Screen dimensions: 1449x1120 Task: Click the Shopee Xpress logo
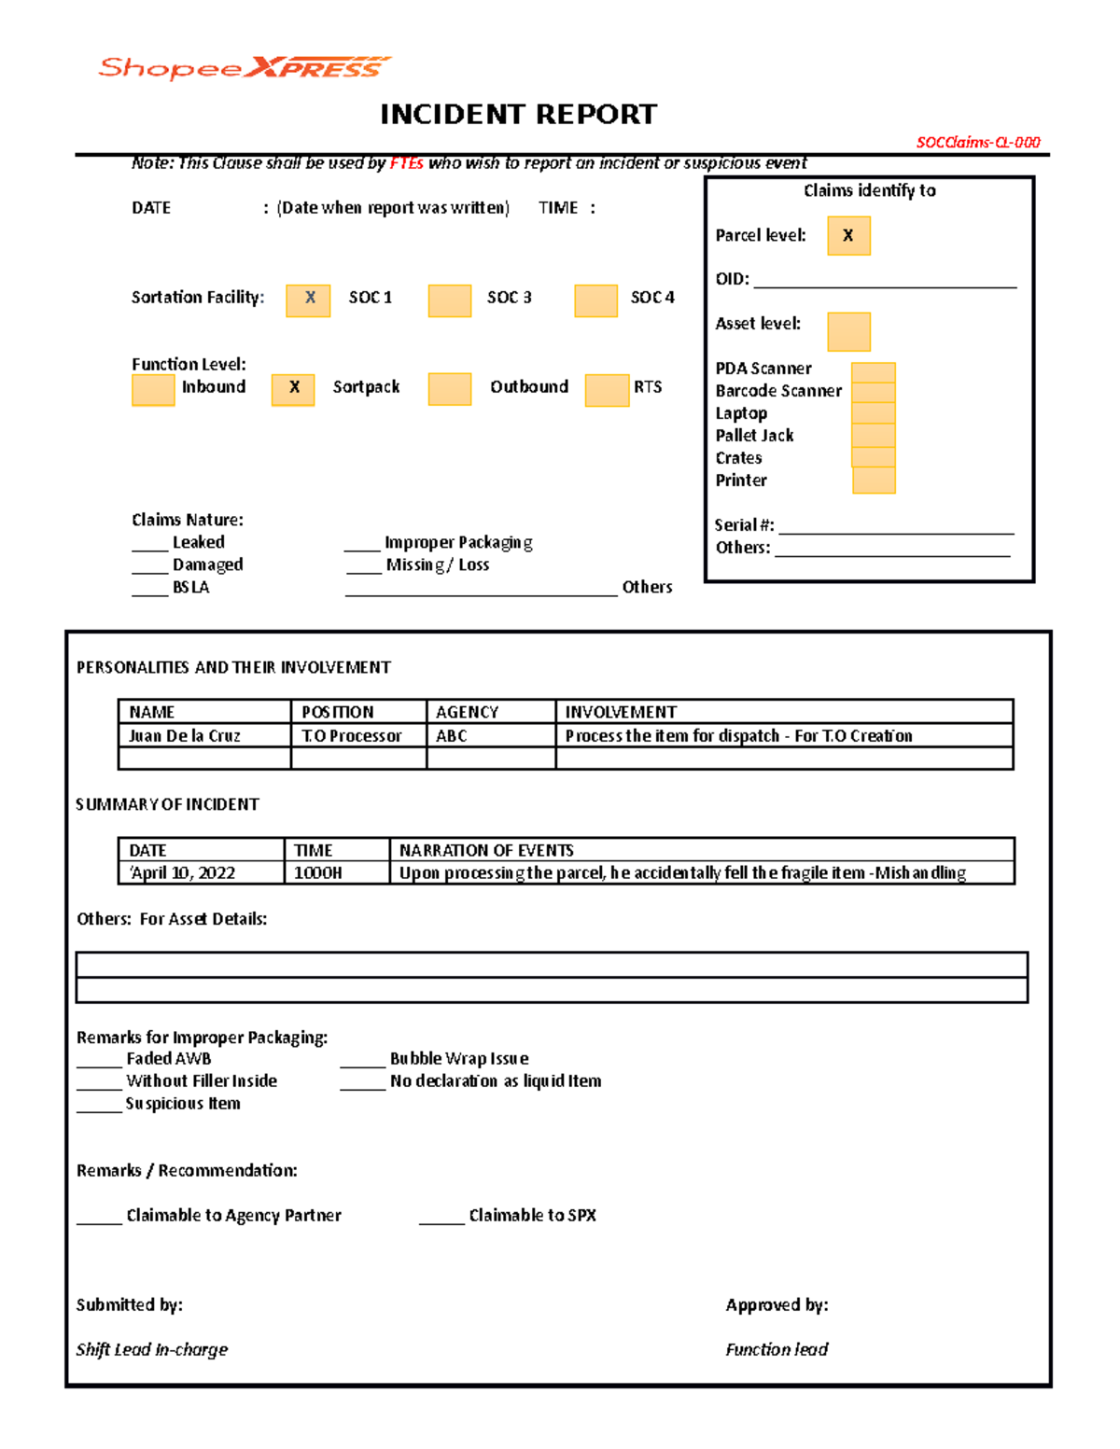tap(245, 68)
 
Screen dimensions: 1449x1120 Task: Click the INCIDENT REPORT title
tap(518, 115)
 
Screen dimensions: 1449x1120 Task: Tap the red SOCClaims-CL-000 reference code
tap(977, 143)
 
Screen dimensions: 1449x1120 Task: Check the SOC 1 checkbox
tap(308, 300)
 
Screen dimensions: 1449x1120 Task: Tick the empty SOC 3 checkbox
tap(449, 300)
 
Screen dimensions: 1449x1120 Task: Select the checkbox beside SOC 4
tap(595, 300)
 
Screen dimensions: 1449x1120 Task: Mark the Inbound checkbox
tap(153, 390)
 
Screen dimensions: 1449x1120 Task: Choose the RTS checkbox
tap(607, 390)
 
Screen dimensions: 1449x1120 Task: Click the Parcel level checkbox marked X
tap(848, 236)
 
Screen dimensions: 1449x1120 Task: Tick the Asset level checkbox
tap(848, 331)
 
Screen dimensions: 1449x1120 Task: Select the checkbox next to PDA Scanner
tap(874, 372)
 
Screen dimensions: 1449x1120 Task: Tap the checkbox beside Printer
tap(874, 481)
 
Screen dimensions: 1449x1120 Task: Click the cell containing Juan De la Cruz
tap(203, 735)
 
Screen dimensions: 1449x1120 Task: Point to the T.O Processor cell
tap(357, 735)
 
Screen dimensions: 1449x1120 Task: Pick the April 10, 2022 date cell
tap(200, 872)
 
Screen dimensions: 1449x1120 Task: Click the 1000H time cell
tap(335, 872)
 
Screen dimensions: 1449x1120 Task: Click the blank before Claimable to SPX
tap(441, 1217)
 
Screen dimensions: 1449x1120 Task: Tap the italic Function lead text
tap(777, 1349)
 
